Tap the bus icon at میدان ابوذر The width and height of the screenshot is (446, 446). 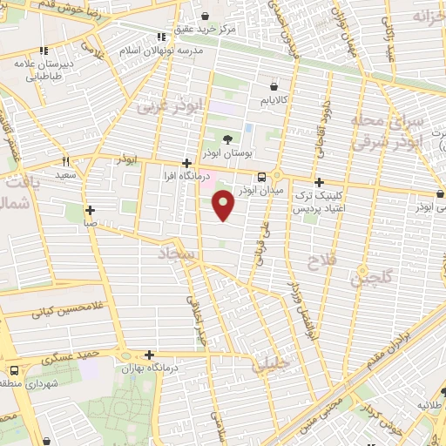(x=261, y=177)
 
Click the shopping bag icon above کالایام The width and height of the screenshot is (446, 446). (x=274, y=87)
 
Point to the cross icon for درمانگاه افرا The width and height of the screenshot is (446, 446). (x=186, y=163)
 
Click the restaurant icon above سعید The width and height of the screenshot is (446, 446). (x=65, y=161)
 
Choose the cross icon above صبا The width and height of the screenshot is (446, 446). (x=91, y=210)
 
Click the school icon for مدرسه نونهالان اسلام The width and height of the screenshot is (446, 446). (x=160, y=37)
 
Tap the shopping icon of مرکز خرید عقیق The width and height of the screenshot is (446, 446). (x=205, y=16)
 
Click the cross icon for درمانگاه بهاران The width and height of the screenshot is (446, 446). (x=150, y=355)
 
